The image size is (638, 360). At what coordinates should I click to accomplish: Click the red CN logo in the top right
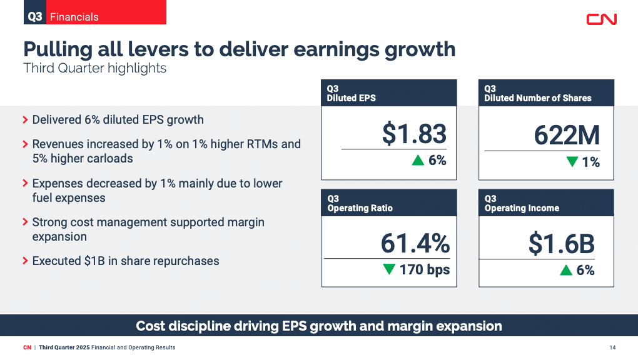(601, 19)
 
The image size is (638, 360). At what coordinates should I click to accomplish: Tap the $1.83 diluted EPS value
(414, 134)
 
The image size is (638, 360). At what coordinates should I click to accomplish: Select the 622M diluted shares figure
(567, 136)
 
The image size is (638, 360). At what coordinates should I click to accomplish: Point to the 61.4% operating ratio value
(415, 244)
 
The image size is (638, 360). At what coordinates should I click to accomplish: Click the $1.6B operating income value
(561, 244)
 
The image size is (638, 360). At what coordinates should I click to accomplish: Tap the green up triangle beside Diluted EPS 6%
(418, 161)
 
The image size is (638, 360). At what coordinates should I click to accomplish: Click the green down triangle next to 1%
(572, 162)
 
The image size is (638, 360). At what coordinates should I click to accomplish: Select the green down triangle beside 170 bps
(388, 270)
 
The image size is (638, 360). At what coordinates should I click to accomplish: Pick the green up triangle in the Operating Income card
(566, 270)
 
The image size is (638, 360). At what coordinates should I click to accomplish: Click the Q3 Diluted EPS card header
(388, 93)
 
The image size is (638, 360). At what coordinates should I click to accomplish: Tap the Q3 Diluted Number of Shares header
(545, 93)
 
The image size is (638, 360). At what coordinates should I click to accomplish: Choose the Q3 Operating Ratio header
(388, 203)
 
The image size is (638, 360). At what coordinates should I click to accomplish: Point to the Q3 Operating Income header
(545, 203)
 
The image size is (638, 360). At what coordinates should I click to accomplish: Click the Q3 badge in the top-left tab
(35, 17)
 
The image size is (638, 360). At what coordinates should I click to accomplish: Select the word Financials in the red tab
(74, 17)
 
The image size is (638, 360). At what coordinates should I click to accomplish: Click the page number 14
(612, 347)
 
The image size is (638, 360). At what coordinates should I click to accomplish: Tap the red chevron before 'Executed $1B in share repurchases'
(25, 261)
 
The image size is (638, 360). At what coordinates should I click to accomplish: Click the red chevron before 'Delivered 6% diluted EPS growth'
(25, 119)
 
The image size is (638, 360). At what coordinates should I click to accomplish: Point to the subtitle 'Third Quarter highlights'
(94, 68)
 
